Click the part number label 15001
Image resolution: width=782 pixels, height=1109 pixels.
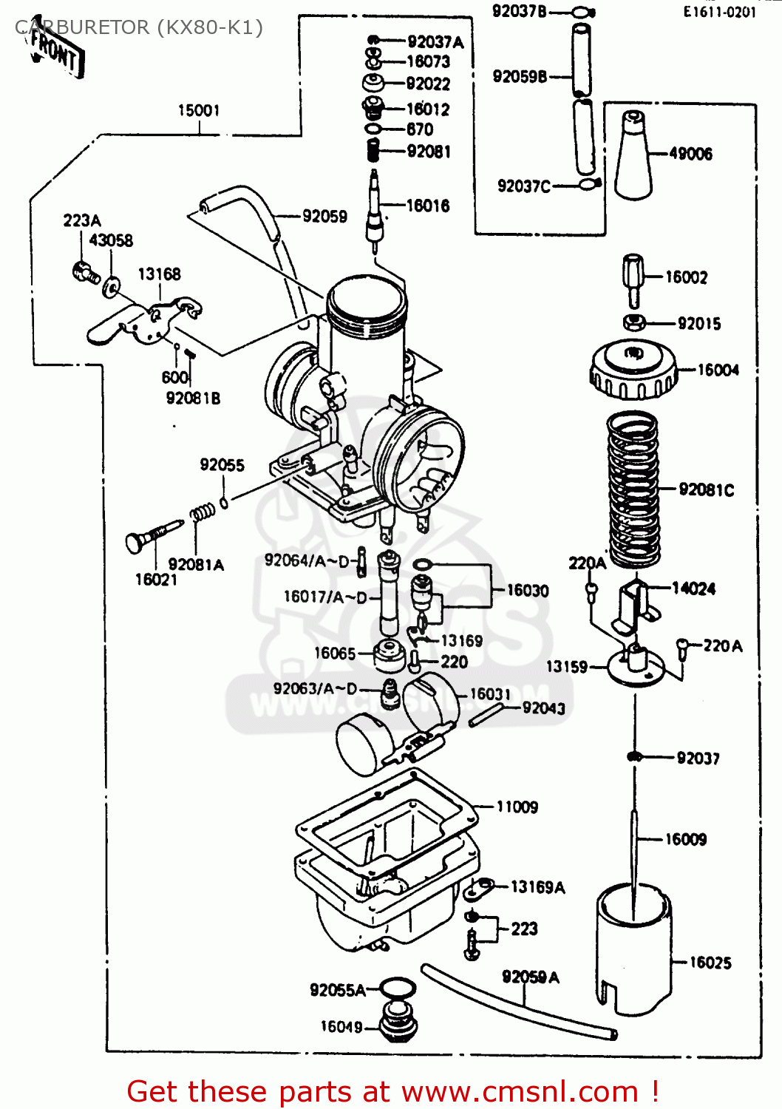click(x=199, y=110)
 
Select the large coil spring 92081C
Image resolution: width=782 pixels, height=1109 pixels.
click(x=633, y=489)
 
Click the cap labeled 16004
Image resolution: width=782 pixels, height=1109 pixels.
click(x=633, y=369)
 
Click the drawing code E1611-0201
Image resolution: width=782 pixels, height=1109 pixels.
click(x=719, y=11)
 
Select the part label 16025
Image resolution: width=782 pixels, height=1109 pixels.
click(x=710, y=962)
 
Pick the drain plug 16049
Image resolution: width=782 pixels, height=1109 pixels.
click(x=398, y=1023)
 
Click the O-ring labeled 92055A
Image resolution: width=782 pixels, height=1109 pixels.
click(x=398, y=988)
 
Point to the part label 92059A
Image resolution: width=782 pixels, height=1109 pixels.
click(x=531, y=977)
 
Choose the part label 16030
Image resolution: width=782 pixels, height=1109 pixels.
click(x=528, y=590)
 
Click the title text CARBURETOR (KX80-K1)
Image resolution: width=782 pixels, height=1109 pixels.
click(x=138, y=27)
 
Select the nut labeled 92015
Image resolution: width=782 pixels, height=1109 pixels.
click(x=634, y=322)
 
